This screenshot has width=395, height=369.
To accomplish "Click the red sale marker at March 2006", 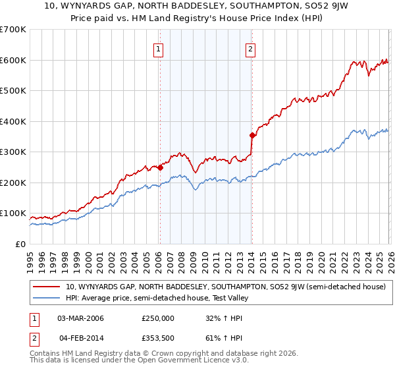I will click(x=159, y=167).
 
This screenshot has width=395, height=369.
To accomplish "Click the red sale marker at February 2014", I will click(x=251, y=136).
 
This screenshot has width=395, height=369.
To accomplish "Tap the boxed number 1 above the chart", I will click(x=159, y=48).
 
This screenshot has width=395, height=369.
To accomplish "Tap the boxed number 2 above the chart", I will click(x=251, y=48).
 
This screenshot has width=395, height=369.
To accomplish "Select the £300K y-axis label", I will click(x=13, y=152).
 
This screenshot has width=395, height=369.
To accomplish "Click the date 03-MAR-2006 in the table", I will click(x=80, y=318).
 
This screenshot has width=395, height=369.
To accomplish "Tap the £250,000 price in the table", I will click(x=158, y=318).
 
